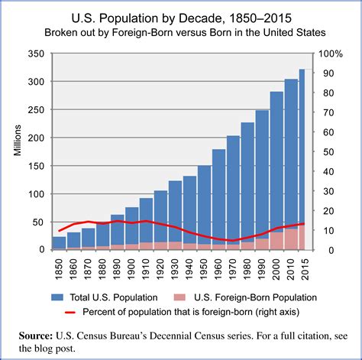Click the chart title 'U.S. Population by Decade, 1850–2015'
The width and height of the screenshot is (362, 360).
[180, 16]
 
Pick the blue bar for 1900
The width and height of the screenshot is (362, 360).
[131, 225]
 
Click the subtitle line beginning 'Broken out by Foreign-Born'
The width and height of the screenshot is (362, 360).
[180, 33]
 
